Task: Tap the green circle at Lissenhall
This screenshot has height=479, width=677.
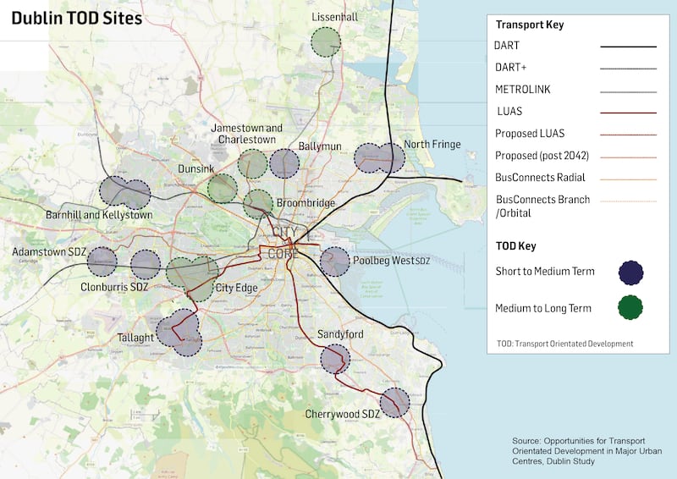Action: [x=325, y=41]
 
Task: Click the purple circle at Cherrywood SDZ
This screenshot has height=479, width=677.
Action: [x=394, y=402]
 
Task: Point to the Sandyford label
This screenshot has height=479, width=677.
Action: [x=341, y=334]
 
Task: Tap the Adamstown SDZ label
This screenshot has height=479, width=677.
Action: [x=48, y=252]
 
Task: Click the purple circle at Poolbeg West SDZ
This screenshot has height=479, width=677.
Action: [x=335, y=262]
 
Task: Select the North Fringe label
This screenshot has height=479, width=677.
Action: [x=432, y=145]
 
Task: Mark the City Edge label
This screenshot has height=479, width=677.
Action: [x=237, y=288]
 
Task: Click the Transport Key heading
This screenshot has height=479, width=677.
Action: [x=530, y=25]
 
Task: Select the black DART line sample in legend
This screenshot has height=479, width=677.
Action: [x=628, y=46]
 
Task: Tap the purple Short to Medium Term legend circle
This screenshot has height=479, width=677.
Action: [x=630, y=272]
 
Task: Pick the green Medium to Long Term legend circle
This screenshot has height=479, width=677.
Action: [x=630, y=308]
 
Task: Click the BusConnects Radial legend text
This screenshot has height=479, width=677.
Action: [x=540, y=178]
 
